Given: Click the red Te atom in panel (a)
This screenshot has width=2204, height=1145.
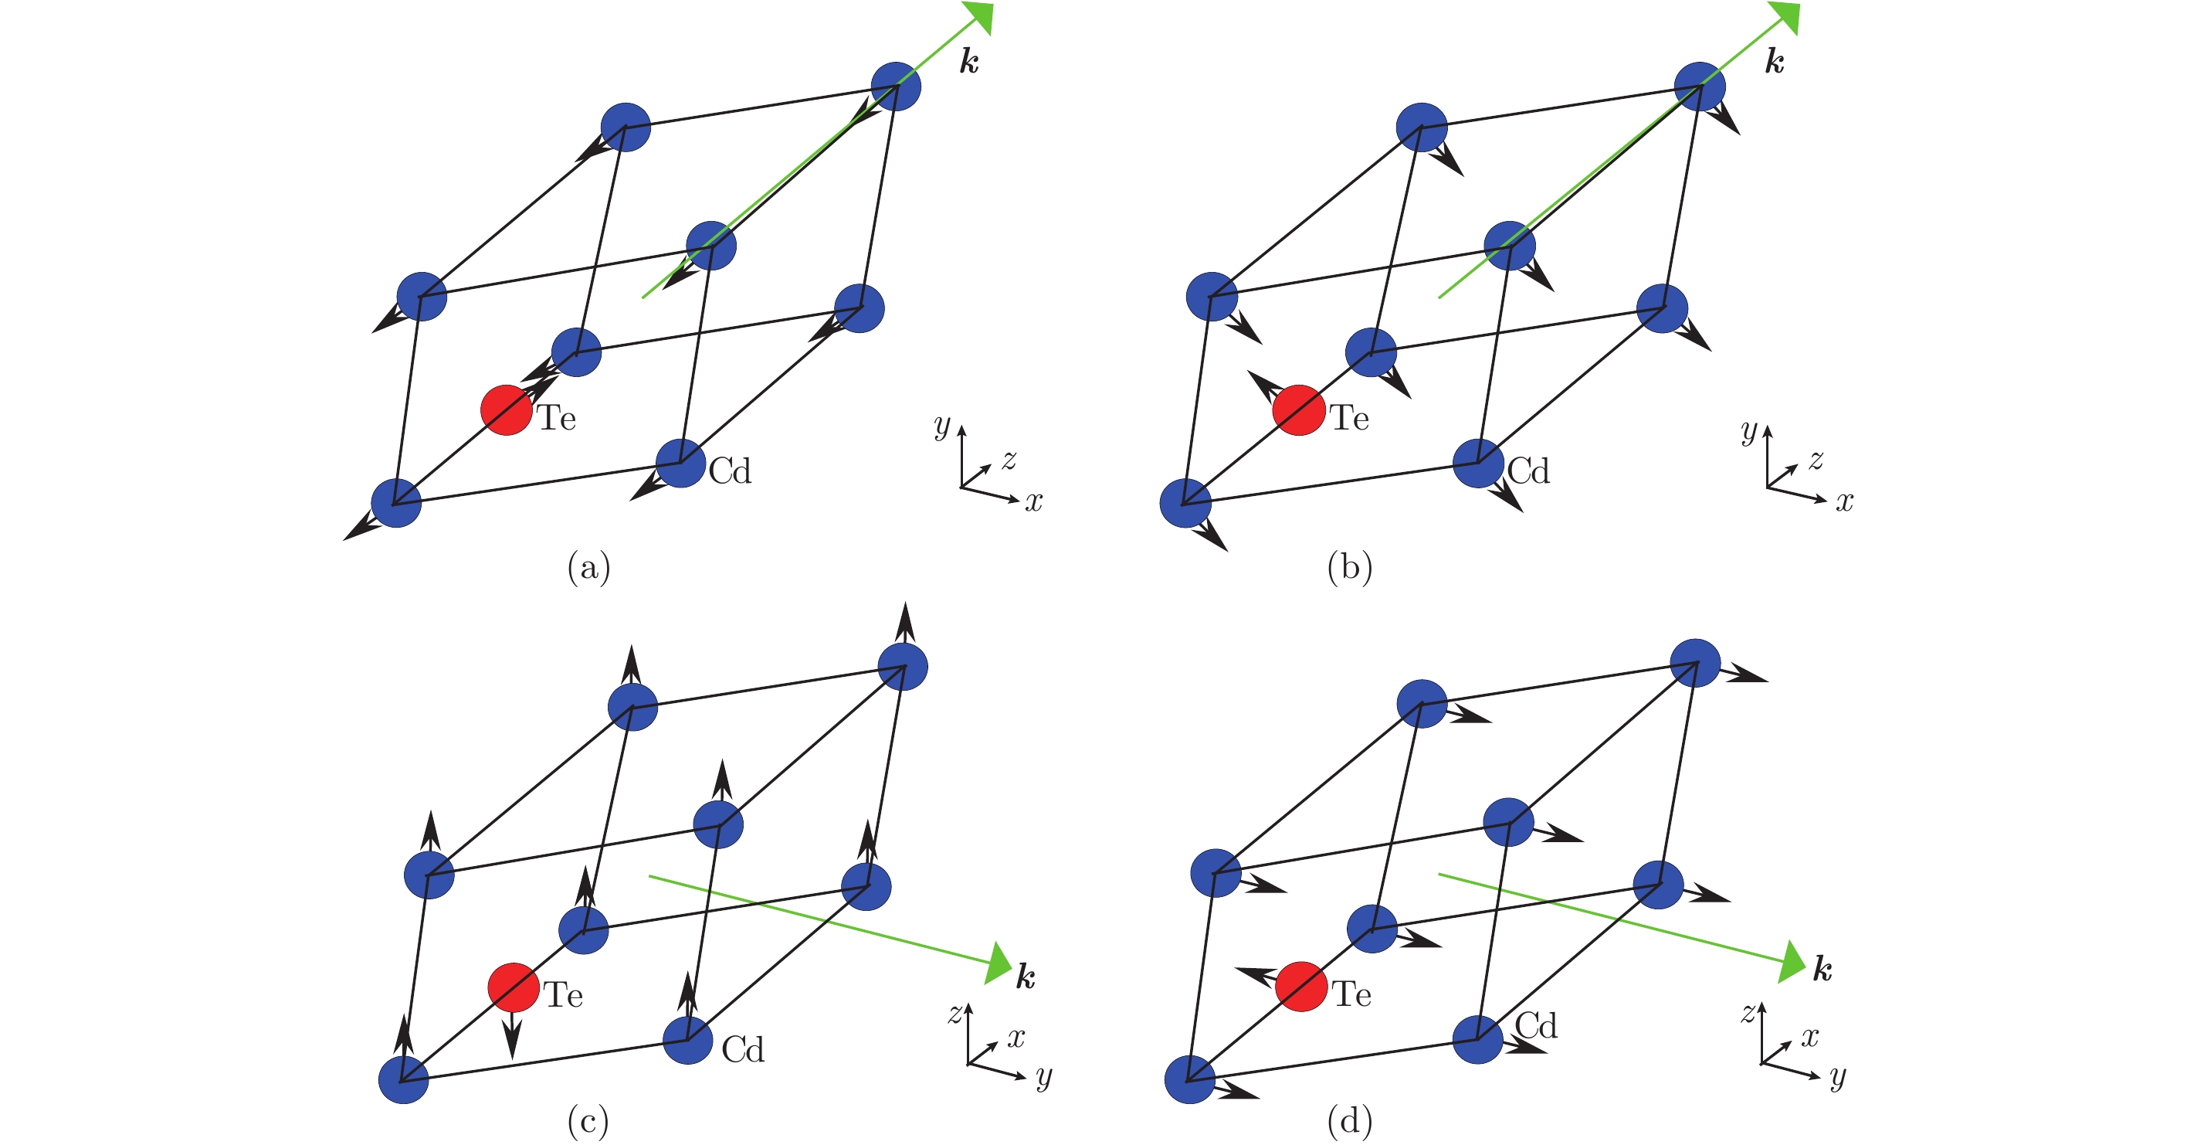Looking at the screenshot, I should coord(506,410).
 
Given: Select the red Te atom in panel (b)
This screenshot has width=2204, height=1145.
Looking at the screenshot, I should coord(1298,410).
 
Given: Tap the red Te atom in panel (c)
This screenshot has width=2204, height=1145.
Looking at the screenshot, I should coord(514,987).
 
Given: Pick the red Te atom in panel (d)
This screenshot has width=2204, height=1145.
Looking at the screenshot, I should coord(1300,987).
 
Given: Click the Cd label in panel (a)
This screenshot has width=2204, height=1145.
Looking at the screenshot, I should coord(730,471).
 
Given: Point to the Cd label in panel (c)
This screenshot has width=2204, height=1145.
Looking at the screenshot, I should coord(743,1049).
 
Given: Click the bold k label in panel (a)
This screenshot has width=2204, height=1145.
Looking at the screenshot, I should coord(968,62).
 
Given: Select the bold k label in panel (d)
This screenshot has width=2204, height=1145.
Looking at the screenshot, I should coord(1823,969).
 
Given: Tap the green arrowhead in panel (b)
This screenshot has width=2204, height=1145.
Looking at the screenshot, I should coord(1784,16).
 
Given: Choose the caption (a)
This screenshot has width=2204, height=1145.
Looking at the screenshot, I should coord(588,567).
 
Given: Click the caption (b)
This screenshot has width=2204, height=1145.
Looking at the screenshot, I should coord(1349,567).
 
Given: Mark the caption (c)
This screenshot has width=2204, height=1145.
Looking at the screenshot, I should coord(588,1121).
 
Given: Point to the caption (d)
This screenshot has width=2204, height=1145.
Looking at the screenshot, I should coord(1349,1121).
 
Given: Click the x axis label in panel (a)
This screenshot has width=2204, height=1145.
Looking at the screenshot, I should coord(1034,501).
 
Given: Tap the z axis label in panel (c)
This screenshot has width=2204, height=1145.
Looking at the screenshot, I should coord(955,1013).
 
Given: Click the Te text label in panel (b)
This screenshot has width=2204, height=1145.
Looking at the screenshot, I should coord(1349,418).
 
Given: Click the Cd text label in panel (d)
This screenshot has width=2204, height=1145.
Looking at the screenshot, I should coord(1536,1025).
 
